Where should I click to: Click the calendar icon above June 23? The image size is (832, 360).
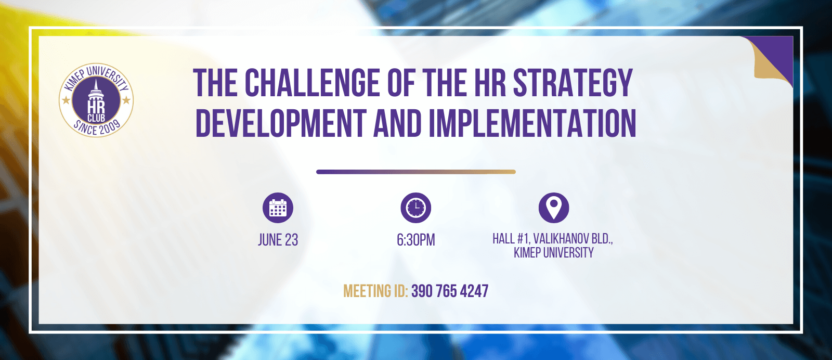click(x=278, y=208)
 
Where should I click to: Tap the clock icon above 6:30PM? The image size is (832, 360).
click(x=415, y=208)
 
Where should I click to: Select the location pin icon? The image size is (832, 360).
click(x=553, y=208)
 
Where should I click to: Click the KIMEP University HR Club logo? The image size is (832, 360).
click(x=96, y=100)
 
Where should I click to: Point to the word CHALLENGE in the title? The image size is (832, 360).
click(x=312, y=83)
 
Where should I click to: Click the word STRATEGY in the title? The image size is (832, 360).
click(x=573, y=83)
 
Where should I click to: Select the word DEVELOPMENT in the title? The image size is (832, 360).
click(x=281, y=123)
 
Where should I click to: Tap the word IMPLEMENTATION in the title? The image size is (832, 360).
click(x=532, y=123)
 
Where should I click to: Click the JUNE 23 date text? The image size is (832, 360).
click(x=278, y=240)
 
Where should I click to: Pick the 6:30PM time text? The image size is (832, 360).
click(x=415, y=240)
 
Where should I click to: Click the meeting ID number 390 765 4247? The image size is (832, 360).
click(x=450, y=291)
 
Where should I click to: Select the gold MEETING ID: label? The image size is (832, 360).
click(x=375, y=291)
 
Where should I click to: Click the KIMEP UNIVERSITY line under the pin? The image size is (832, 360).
click(x=553, y=253)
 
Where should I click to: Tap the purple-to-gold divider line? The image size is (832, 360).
click(x=416, y=172)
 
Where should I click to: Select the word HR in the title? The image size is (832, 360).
click(x=490, y=83)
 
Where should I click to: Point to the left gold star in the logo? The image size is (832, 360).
click(x=66, y=100)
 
